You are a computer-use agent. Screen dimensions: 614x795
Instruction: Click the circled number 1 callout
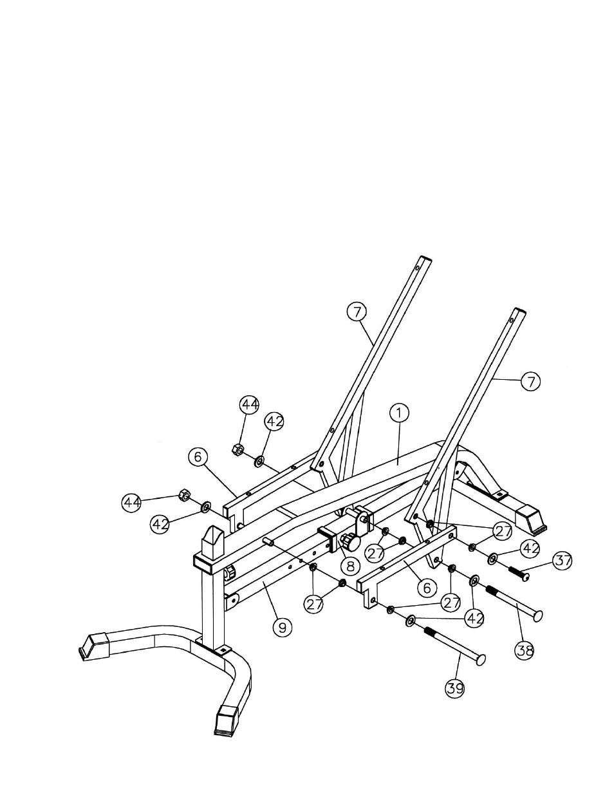pos(399,413)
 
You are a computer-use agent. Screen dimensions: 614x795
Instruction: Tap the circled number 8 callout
pos(350,566)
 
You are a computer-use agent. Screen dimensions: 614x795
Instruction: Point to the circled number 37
pos(563,561)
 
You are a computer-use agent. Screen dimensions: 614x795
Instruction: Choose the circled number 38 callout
pos(525,660)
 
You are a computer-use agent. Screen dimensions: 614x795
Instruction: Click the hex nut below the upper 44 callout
pos(237,449)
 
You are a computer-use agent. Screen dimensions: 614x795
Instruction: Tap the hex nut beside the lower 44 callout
pos(184,496)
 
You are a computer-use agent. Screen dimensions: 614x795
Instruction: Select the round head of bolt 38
pos(538,615)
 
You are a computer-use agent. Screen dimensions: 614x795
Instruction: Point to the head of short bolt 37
pos(525,577)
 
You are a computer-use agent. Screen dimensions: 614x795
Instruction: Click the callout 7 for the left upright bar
pos(357,312)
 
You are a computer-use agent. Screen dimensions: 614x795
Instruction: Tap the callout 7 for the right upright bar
pos(530,382)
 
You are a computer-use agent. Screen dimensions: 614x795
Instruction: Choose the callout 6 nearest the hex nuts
pos(198,457)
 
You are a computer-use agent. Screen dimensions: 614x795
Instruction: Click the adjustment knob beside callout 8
pos(350,541)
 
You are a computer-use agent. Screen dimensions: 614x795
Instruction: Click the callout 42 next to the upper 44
pos(274,422)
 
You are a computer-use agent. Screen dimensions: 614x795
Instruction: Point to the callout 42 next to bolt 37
pos(530,548)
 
